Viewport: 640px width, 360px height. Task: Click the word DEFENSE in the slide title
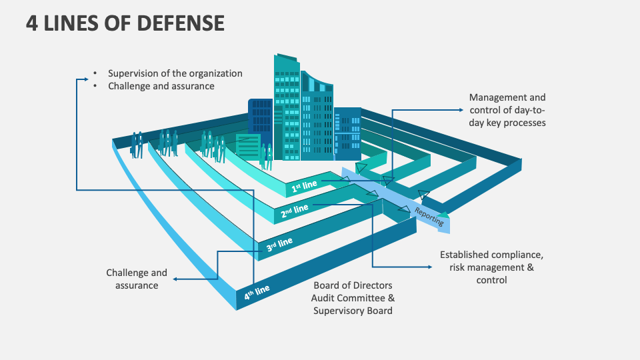point(181,23)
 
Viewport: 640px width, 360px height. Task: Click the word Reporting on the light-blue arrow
point(429,217)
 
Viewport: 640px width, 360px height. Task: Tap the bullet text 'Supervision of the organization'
point(175,73)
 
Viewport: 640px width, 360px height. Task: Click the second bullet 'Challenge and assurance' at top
point(161,86)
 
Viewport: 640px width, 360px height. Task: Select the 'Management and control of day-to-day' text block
point(507,110)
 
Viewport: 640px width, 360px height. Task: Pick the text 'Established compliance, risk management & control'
point(492,267)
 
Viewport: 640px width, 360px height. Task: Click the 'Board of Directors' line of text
point(353,286)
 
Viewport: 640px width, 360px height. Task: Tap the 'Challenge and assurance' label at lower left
point(137,279)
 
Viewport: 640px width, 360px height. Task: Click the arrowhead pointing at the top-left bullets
point(85,79)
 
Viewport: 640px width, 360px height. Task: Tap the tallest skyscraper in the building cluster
point(287,107)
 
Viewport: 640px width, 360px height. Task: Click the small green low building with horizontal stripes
point(248,146)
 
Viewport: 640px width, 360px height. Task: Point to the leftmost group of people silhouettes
point(137,145)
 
